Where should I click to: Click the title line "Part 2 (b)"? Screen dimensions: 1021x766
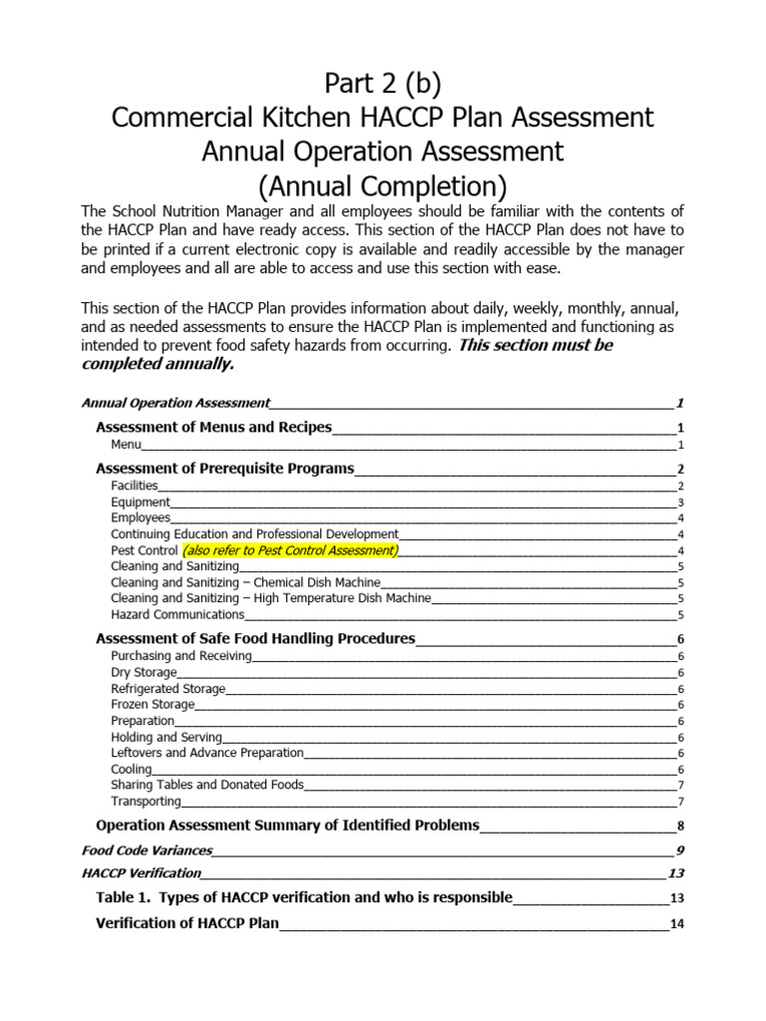[383, 82]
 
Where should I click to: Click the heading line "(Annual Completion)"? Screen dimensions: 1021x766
[383, 185]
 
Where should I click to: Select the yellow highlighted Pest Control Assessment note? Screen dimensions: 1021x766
[289, 550]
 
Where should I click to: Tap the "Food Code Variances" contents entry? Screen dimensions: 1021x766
[147, 851]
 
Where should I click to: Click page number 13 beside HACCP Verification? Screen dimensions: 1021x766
[675, 873]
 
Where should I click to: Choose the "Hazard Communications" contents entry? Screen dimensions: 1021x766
[178, 614]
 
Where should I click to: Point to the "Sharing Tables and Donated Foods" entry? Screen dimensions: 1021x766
[207, 785]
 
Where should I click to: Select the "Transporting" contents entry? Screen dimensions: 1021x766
[146, 801]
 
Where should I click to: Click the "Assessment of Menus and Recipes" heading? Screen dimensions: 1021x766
[213, 428]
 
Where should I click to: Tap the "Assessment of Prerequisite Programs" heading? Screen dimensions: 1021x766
[224, 469]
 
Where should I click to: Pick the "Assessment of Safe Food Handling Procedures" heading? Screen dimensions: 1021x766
[255, 639]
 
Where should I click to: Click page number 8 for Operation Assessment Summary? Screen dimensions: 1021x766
[679, 827]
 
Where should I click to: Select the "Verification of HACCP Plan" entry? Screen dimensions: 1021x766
[188, 923]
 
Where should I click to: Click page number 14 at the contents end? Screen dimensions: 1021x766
[676, 924]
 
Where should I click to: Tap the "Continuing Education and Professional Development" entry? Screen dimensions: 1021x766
[254, 534]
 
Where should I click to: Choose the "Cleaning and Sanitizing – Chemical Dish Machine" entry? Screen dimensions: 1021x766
[245, 582]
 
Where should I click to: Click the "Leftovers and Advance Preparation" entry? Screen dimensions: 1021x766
[207, 753]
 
